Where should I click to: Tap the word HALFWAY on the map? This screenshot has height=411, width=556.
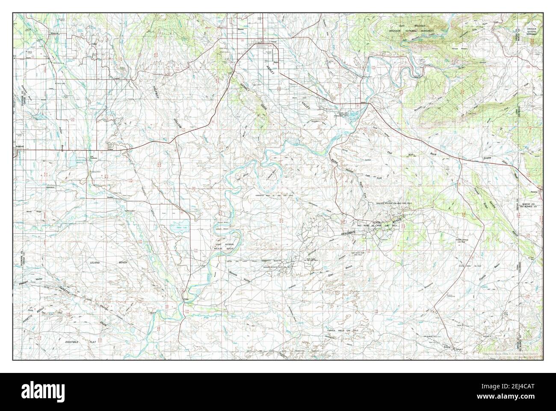[x=156, y=95]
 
